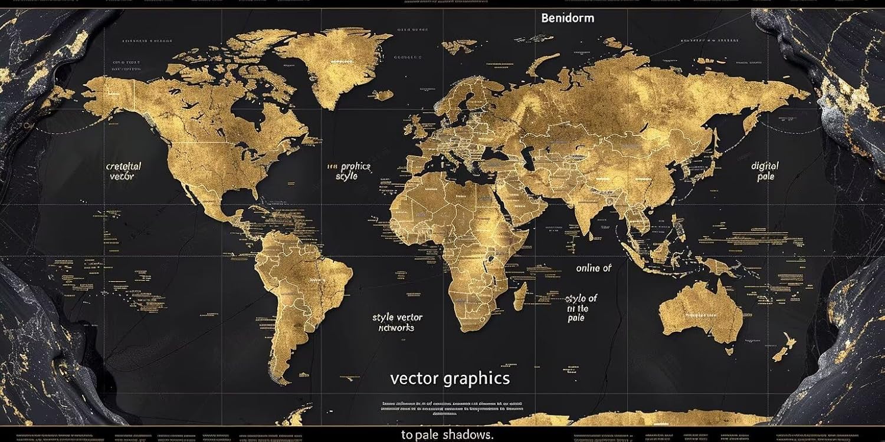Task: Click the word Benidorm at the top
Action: click(x=567, y=18)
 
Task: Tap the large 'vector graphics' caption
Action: click(x=450, y=378)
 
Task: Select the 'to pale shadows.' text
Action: click(x=447, y=435)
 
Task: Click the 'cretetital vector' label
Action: click(x=123, y=171)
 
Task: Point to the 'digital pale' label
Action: click(x=765, y=171)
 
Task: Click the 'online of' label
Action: click(x=594, y=268)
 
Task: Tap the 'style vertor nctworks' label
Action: click(x=397, y=322)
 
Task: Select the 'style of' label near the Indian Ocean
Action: click(x=581, y=298)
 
